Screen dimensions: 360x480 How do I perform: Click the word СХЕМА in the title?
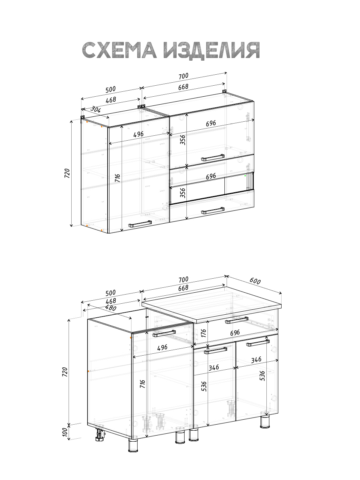pyautogui.click(x=119, y=50)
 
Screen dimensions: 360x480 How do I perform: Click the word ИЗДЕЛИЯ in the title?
pyautogui.click(x=211, y=50)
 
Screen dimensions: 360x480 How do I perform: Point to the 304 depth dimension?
pyautogui.click(x=95, y=109)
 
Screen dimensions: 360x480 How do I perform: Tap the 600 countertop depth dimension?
pyautogui.click(x=255, y=281)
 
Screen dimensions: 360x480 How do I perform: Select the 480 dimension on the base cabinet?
pyautogui.click(x=111, y=308)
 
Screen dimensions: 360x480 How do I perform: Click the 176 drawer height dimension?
pyautogui.click(x=203, y=333)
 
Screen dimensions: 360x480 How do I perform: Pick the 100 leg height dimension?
pyautogui.click(x=65, y=432)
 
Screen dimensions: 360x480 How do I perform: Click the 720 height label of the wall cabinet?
pyautogui.click(x=67, y=173)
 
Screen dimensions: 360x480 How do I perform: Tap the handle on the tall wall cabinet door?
pyautogui.click(x=140, y=224)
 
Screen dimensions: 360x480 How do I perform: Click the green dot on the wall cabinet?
pyautogui.click(x=245, y=176)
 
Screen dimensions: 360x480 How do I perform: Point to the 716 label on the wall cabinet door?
pyautogui.click(x=117, y=178)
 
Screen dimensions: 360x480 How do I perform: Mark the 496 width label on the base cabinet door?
pyautogui.click(x=163, y=347)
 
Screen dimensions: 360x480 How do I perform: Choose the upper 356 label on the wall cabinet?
pyautogui.click(x=183, y=140)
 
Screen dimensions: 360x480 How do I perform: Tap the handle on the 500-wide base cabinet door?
pyautogui.click(x=164, y=333)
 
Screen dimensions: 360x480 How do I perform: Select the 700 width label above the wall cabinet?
pyautogui.click(x=183, y=76)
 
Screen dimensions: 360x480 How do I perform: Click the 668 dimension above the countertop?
pyautogui.click(x=183, y=288)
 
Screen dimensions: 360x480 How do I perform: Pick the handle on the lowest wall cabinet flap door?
pyautogui.click(x=213, y=210)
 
